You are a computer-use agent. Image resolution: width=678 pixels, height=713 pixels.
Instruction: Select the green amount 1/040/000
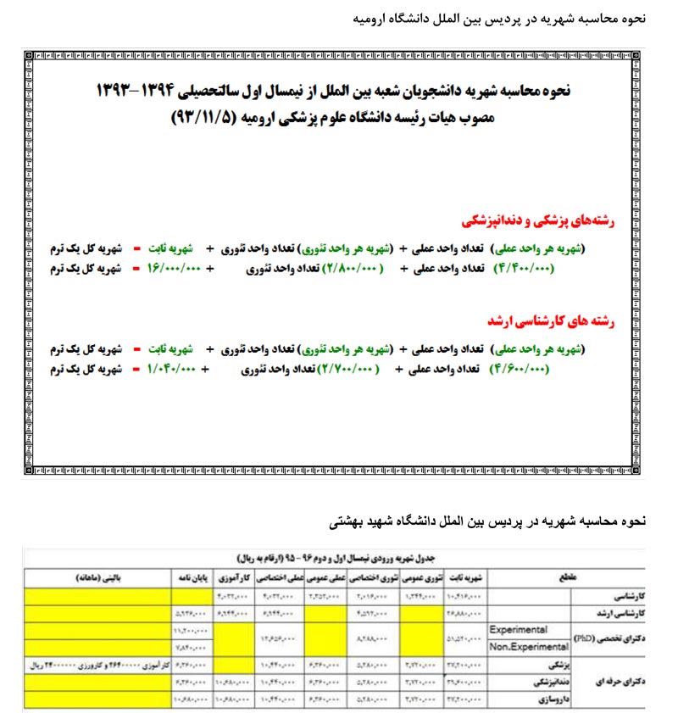point(174,369)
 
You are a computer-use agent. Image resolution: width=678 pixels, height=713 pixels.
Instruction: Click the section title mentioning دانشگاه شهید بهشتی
point(487,521)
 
